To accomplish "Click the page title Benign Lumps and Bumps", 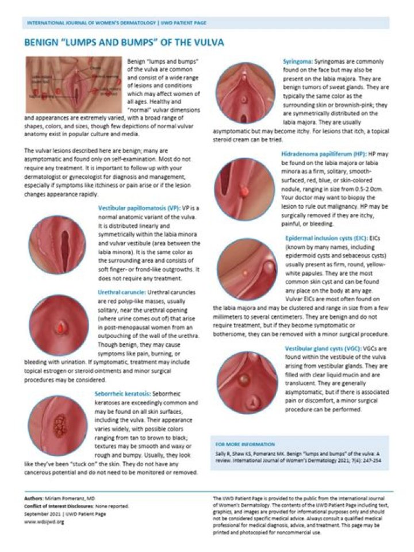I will coord(124,43).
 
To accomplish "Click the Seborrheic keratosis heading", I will coord(122,394).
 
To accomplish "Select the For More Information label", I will coord(237,444).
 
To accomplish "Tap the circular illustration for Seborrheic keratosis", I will coord(57,425).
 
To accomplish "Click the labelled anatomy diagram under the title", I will coord(73,85).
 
